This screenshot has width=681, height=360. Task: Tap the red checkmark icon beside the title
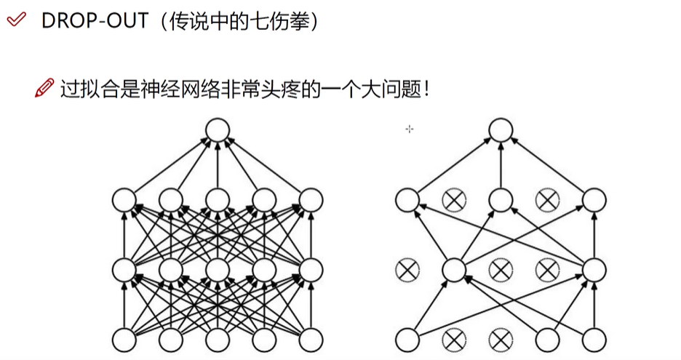16,20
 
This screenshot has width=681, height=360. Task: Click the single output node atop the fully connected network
217,131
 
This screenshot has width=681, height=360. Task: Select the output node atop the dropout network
501,131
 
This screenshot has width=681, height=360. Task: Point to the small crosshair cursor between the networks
410,129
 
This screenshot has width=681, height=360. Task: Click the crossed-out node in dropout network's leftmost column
407,270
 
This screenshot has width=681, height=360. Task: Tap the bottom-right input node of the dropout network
594,339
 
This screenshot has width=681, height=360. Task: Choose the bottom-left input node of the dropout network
407,339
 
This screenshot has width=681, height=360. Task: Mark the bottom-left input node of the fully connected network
124,339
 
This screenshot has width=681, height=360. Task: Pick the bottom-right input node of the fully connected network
311,339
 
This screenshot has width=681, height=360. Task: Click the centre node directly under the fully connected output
217,199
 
